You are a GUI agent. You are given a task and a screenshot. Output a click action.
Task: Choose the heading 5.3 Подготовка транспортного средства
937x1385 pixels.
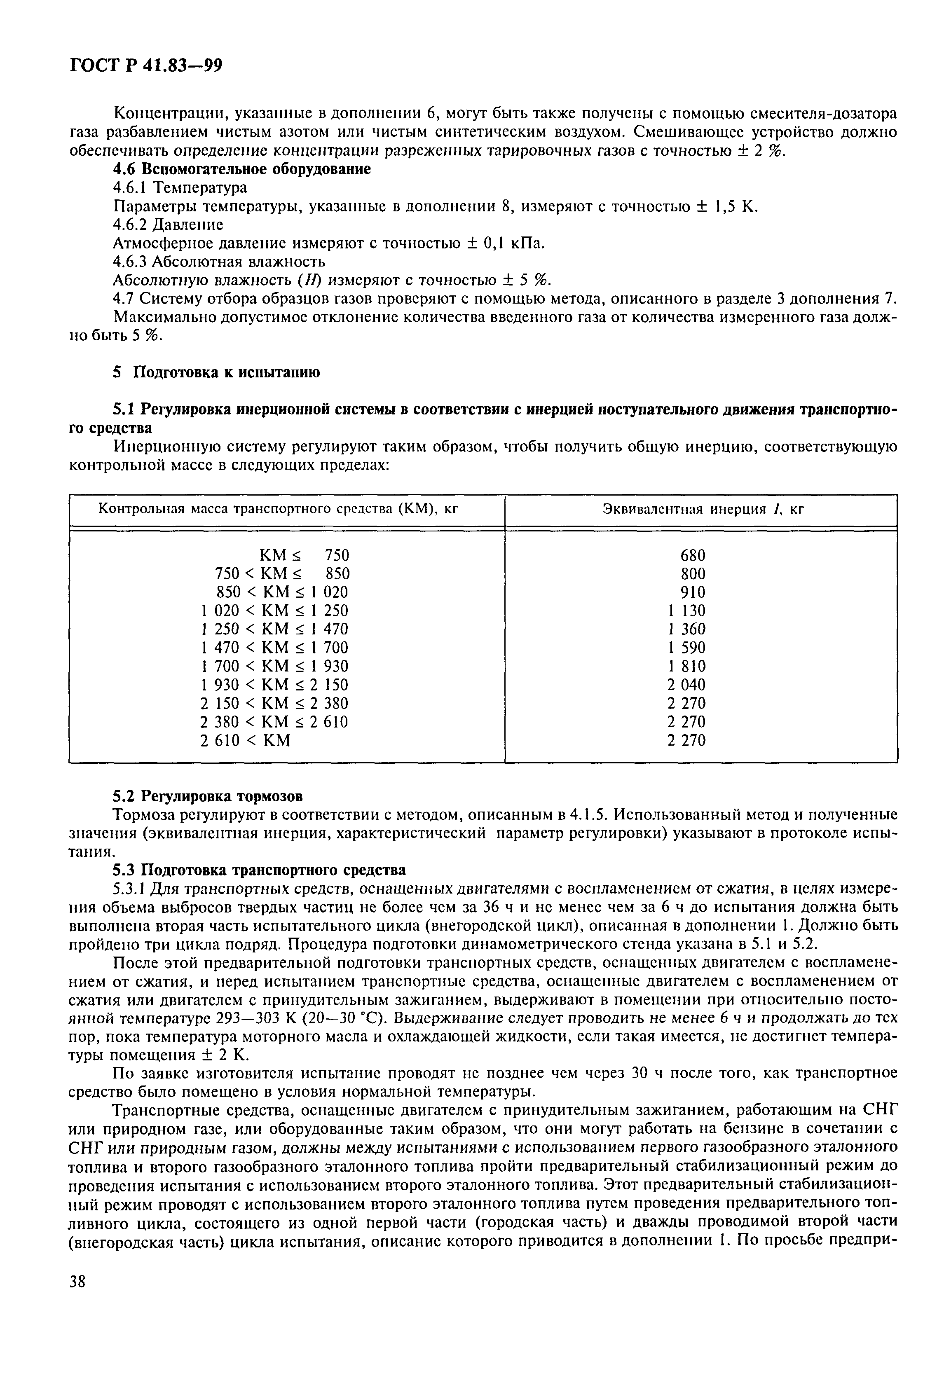[259, 870]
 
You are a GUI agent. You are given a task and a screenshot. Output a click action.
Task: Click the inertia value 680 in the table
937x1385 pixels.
[693, 555]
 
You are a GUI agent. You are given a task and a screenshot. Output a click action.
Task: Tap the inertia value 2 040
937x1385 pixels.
[686, 685]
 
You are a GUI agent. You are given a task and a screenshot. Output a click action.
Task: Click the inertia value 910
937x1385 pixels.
[693, 592]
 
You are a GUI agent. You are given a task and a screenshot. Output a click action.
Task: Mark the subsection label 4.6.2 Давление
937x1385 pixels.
[168, 225]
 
